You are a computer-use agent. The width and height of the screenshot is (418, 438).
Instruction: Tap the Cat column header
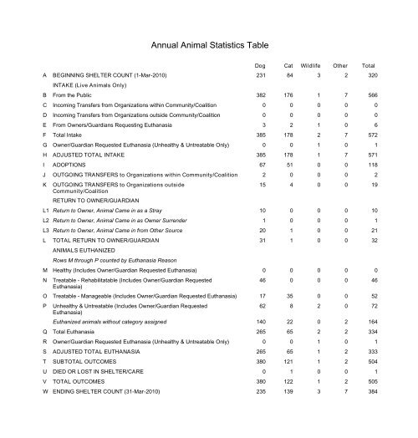click(288, 65)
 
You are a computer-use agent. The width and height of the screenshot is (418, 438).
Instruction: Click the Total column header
click(368, 65)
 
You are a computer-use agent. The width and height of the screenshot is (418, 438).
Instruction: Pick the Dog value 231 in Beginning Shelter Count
click(259, 76)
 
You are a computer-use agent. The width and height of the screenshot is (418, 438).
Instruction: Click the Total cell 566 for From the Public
click(370, 95)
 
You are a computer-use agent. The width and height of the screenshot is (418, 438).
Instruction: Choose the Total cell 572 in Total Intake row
click(370, 135)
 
